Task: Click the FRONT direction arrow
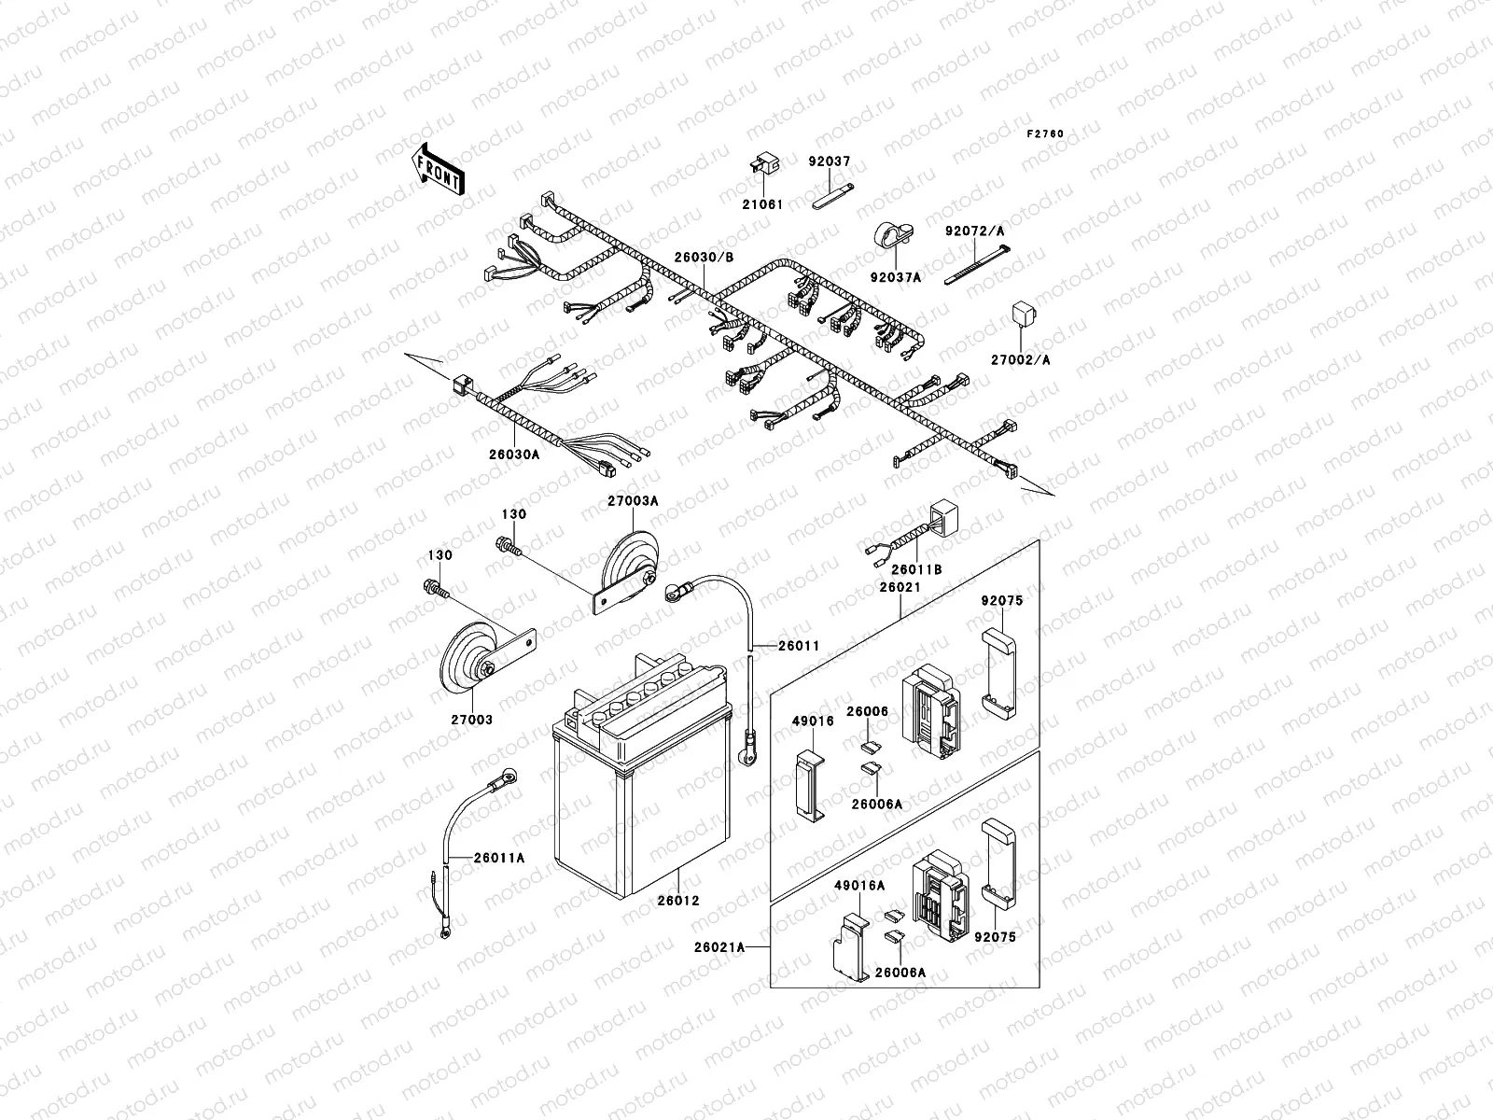click(x=438, y=169)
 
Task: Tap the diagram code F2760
click(x=1045, y=134)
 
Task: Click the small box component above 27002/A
click(x=1026, y=315)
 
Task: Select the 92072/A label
click(x=968, y=231)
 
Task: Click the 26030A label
click(x=514, y=455)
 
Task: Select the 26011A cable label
click(x=499, y=858)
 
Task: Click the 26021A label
click(x=719, y=946)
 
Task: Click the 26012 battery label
click(x=678, y=901)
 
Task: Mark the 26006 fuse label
click(x=867, y=712)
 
